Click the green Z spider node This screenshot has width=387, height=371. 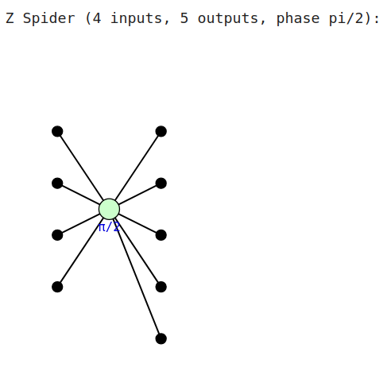pos(109,209)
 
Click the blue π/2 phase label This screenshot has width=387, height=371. pos(109,227)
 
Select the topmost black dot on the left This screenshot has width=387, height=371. pos(57,131)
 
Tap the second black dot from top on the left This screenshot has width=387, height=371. pos(57,184)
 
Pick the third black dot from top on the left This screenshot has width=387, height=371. pos(57,235)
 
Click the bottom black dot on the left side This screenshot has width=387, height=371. pos(57,287)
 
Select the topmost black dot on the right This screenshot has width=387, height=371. pos(161,131)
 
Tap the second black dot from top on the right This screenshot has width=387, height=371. pos(161,184)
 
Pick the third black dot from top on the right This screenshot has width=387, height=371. pos(161,235)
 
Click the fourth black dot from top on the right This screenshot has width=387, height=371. pos(161,287)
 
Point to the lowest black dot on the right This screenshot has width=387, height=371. pos(161,338)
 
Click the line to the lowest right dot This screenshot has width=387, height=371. pos(136,276)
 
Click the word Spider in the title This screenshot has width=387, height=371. pos(49,18)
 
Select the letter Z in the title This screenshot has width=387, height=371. pos(10,18)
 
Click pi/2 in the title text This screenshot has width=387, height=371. pos(346,18)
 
